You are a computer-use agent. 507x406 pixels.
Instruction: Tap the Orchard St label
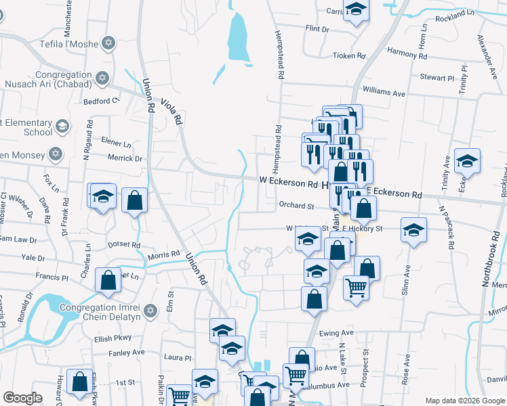pos(297,205)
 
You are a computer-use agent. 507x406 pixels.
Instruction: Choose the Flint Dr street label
pos(317,29)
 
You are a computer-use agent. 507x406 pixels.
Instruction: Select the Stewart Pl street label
pos(435,78)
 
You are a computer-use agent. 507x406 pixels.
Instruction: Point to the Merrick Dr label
pos(125,159)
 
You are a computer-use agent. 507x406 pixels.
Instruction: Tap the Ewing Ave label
pos(337,333)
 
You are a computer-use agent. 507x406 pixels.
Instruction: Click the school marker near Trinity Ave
pos(467,160)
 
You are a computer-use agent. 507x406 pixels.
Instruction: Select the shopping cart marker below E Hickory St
pos(357,288)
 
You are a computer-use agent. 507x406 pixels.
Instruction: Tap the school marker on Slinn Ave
pos(413,229)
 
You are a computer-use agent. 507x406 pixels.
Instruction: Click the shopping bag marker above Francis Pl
pos(108,279)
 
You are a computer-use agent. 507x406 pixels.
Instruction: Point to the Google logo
pos(22,399)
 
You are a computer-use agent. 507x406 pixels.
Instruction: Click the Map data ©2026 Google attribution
pos(464,400)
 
